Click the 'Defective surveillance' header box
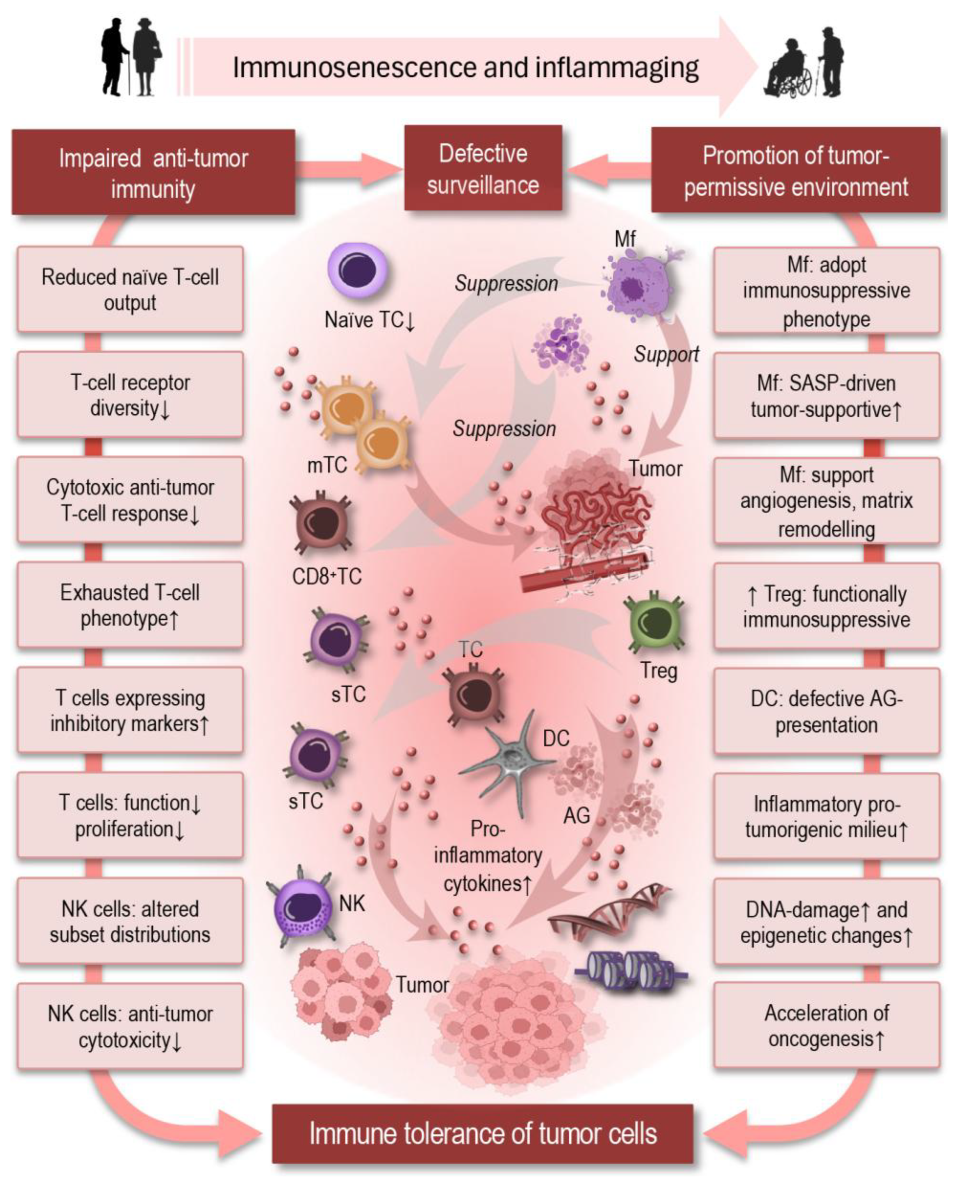tap(483, 168)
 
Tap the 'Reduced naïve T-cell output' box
tap(130, 289)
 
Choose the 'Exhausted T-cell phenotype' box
tap(130, 605)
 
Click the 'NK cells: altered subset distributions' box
tap(130, 921)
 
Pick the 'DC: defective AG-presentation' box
tap(827, 711)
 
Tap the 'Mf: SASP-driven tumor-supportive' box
tap(827, 396)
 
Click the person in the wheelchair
tap(789, 71)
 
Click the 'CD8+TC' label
tap(327, 577)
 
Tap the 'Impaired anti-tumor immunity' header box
tap(153, 173)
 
